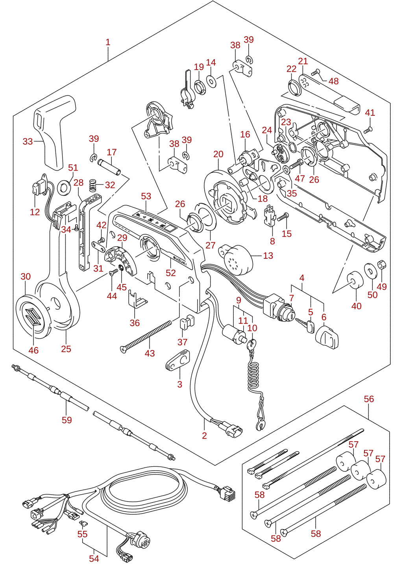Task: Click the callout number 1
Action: (108, 42)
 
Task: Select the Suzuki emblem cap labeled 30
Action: (33, 317)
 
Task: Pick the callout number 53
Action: (146, 196)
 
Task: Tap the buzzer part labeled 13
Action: (236, 260)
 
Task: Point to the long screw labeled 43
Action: (146, 337)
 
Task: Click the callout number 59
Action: (67, 420)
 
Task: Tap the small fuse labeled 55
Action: (83, 524)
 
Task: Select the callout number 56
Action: (369, 399)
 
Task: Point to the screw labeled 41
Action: (368, 130)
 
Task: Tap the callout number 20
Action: (218, 154)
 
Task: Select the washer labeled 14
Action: (211, 82)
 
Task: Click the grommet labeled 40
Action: (355, 280)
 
